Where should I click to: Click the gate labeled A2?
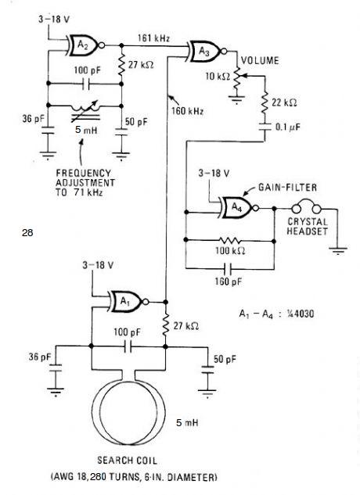point(85,45)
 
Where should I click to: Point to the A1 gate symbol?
point(128,302)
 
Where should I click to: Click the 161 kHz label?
point(153,38)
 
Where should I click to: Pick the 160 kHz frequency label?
point(187,111)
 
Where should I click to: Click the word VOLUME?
point(260,61)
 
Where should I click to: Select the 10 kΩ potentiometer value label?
point(218,77)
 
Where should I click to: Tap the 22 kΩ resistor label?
point(284,102)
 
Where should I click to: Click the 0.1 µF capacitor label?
point(288,127)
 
